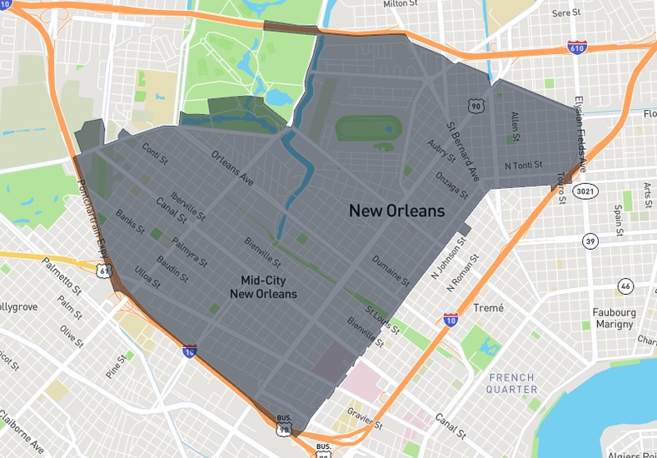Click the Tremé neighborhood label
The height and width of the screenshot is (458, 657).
(x=488, y=308)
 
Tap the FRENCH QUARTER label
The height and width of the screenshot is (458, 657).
(x=511, y=383)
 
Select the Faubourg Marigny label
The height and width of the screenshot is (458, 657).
(x=616, y=319)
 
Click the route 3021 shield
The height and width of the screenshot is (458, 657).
(x=585, y=192)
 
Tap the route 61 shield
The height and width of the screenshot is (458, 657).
(x=102, y=271)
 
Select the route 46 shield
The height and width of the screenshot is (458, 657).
(x=625, y=286)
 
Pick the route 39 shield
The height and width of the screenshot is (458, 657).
(x=590, y=241)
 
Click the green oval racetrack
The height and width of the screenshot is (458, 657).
(x=368, y=128)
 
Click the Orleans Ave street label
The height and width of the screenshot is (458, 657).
(x=232, y=167)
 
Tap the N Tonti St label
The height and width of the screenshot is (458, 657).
(x=524, y=165)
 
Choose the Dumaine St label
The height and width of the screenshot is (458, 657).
(x=390, y=271)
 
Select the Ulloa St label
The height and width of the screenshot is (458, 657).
(x=147, y=272)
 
